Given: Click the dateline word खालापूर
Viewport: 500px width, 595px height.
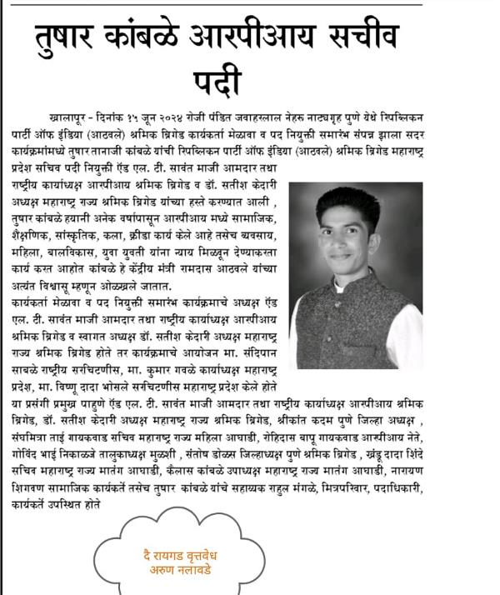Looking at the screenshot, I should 91,112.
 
